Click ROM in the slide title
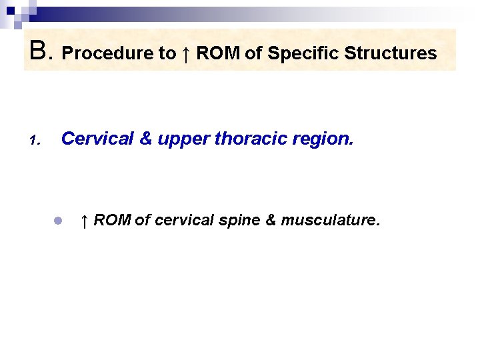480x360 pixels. pyautogui.click(x=218, y=53)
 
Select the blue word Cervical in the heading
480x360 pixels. pyautogui.click(x=97, y=139)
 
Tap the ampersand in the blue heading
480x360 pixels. pyautogui.click(x=145, y=139)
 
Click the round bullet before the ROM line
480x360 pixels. pyautogui.click(x=58, y=220)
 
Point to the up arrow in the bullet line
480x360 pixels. pyautogui.click(x=84, y=220)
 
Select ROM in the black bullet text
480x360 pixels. pyautogui.click(x=112, y=220)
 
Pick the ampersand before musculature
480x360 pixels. pyautogui.click(x=271, y=220)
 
